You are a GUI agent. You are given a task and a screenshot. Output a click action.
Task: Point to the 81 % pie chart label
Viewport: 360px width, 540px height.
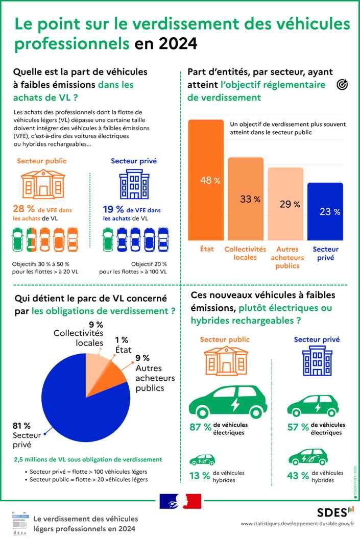(x=21, y=425)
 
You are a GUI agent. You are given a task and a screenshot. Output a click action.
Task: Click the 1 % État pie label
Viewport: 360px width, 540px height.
(x=122, y=339)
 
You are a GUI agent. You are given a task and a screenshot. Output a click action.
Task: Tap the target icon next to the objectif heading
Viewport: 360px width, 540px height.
(x=343, y=85)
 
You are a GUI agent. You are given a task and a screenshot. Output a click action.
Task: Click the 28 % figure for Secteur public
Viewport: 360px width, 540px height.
(x=24, y=209)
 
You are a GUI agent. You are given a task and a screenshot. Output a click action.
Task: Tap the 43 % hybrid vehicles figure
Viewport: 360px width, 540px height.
(x=298, y=476)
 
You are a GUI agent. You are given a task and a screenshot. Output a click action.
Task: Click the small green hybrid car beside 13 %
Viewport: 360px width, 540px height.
(x=202, y=459)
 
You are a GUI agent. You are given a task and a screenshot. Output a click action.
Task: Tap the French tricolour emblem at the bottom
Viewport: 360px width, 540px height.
(x=180, y=501)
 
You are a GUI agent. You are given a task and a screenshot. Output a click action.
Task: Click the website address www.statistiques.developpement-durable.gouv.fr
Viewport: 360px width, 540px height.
(x=297, y=524)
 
